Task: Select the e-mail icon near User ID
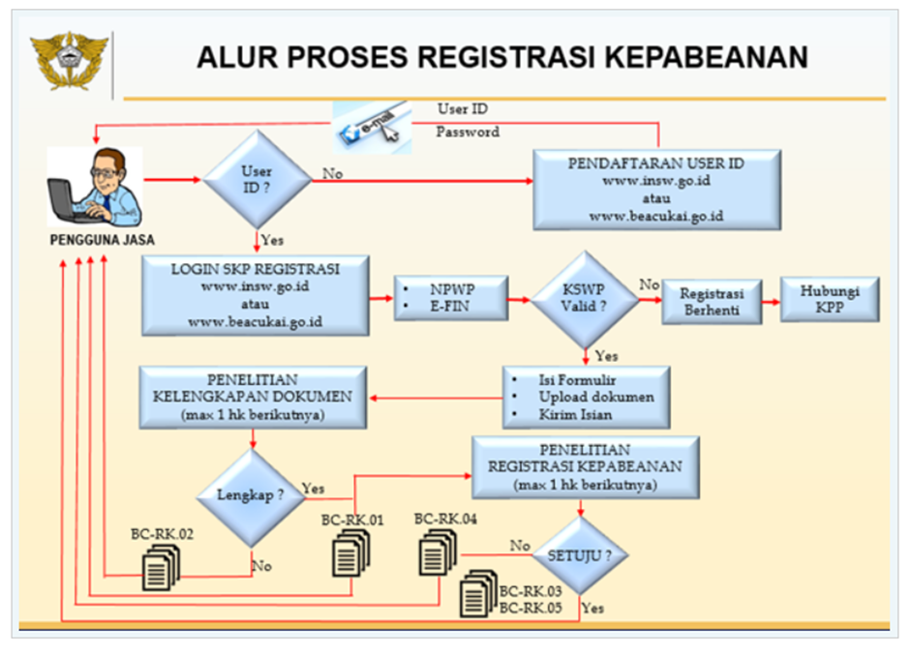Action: [372, 128]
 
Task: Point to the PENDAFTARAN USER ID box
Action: [656, 190]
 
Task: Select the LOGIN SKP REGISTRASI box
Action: [255, 295]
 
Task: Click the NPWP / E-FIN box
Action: [451, 298]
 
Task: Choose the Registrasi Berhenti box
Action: [712, 301]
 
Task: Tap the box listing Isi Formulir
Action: [586, 397]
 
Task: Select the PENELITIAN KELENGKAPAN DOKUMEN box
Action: [253, 397]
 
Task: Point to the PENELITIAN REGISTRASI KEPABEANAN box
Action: [586, 467]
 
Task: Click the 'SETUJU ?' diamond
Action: [581, 556]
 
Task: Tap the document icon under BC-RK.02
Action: [160, 567]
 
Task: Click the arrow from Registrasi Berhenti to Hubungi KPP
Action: [776, 301]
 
